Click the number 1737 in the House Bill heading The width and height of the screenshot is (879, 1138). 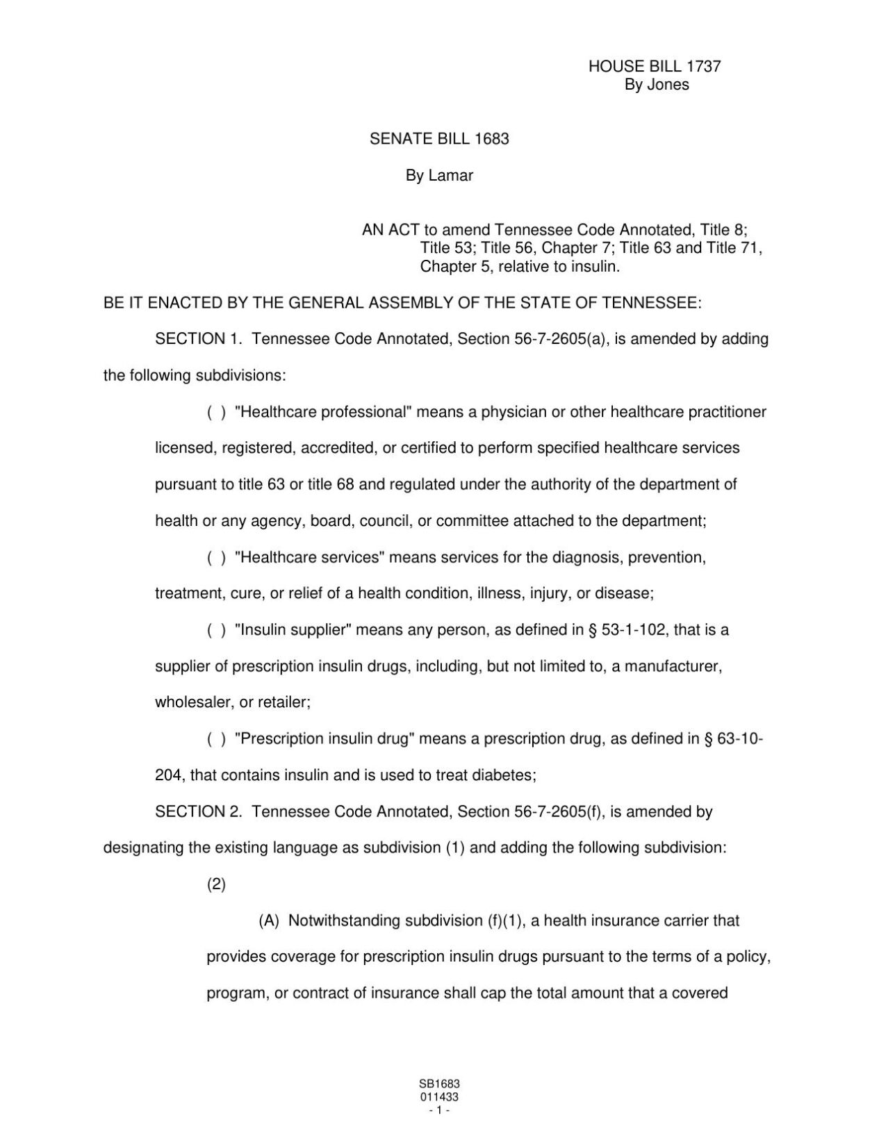click(703, 67)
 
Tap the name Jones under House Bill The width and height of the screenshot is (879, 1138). click(667, 85)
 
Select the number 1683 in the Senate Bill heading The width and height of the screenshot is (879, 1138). click(491, 139)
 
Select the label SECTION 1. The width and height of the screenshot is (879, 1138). click(199, 339)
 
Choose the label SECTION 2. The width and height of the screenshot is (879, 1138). click(199, 811)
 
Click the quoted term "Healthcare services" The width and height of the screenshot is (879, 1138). click(311, 557)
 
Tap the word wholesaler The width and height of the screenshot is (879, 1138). click(194, 702)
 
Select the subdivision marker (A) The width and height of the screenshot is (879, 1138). click(269, 921)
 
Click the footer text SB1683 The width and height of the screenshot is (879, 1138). click(439, 1084)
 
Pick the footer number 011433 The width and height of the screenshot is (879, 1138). click(439, 1097)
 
